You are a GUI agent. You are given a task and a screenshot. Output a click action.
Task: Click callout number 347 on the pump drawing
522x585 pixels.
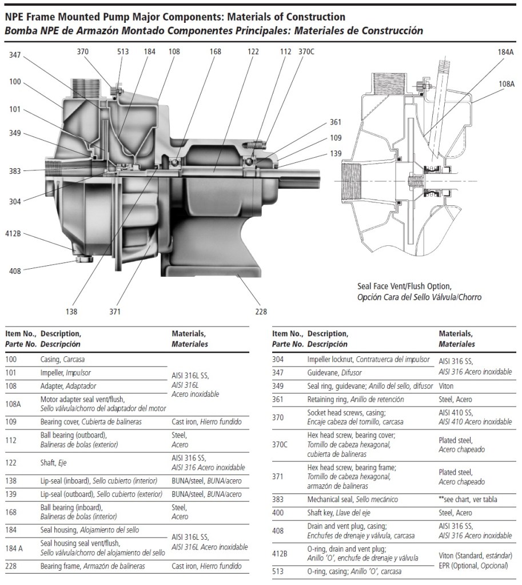point(15,55)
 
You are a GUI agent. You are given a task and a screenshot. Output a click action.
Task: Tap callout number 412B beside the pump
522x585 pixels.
point(13,234)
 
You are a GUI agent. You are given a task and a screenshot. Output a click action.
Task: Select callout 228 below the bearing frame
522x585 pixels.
point(261,312)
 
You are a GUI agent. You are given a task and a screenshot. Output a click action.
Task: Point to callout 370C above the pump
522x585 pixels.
point(306,51)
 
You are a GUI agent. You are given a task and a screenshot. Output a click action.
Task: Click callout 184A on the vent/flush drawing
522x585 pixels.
point(505,52)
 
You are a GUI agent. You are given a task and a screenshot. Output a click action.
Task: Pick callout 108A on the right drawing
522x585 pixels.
point(507,84)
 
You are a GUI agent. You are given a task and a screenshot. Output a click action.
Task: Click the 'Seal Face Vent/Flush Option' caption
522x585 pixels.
point(404,286)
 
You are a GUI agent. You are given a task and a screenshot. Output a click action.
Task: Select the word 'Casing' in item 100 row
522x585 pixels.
point(50,360)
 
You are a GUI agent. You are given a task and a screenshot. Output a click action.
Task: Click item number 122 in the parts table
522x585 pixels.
point(11,463)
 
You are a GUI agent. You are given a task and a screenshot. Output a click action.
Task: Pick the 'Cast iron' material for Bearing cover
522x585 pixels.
point(184,422)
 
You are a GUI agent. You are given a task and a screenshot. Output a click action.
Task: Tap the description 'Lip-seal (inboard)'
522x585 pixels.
point(65,481)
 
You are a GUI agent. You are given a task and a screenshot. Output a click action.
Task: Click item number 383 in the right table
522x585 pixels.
point(278,500)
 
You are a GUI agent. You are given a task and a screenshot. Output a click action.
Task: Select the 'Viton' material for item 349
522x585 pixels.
point(446,386)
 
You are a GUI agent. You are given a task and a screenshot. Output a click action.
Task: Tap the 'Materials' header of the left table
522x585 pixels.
point(189,333)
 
